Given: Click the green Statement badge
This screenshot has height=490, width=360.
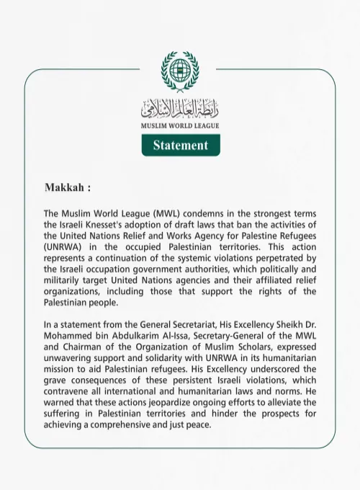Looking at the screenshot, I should point(180,145).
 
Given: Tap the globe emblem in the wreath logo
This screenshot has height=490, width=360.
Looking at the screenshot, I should point(180,70).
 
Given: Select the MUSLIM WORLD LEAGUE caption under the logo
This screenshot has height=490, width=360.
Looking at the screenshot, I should point(180,125).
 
